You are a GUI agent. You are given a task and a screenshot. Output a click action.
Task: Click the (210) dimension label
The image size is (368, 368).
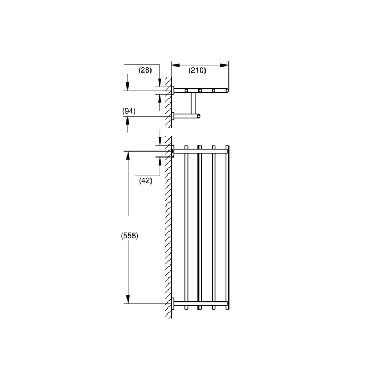pos(197,70)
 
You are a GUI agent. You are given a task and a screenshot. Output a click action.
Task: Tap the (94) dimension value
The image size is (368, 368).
pos(129,111)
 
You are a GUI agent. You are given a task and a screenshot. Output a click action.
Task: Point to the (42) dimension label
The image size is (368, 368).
pos(145,180)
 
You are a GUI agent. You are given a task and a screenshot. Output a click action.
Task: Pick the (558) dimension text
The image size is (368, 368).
pos(129,236)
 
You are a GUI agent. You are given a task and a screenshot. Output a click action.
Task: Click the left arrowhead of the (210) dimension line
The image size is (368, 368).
pos(174,65)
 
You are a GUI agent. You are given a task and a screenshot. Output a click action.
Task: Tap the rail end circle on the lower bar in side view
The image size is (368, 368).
pos(198,116)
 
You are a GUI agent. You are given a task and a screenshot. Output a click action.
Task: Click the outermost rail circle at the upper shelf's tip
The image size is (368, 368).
pos(227,91)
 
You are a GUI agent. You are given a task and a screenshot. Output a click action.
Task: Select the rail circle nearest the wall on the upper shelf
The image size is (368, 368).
pos(186,91)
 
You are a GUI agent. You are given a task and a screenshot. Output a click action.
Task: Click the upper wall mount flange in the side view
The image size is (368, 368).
pos(173,91)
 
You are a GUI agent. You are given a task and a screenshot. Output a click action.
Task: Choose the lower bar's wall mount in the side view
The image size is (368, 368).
pos(173,116)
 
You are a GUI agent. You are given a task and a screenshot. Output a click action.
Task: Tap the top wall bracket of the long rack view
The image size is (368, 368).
pos(173,151)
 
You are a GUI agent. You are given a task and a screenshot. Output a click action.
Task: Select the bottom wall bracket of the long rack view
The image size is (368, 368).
pos(173,303)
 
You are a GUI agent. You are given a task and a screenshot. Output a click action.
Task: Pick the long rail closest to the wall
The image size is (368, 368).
pos(186,226)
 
